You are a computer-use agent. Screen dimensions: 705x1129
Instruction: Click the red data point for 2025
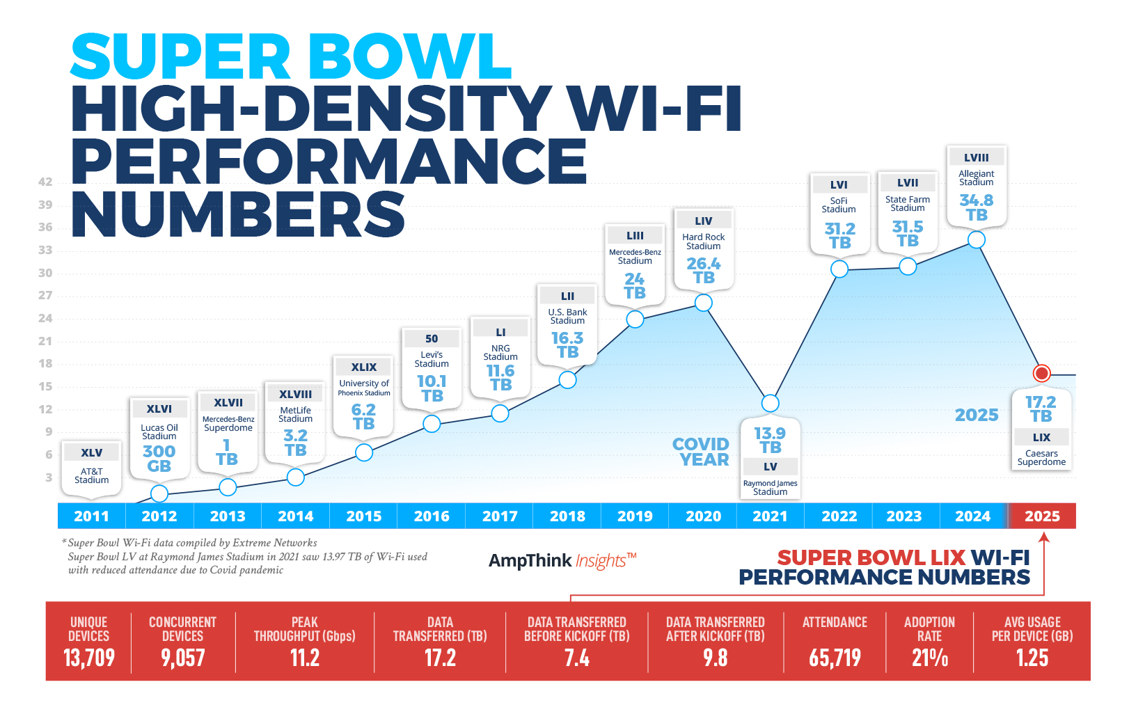(1041, 374)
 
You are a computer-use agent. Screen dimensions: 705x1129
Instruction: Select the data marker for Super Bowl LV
(770, 403)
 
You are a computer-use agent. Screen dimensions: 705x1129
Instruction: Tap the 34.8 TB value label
(976, 207)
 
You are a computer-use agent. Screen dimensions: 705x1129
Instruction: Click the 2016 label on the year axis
(432, 516)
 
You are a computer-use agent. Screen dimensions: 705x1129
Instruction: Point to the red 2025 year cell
(1042, 516)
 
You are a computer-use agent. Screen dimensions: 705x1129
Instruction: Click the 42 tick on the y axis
(45, 182)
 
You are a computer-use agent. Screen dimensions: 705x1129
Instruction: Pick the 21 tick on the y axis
(45, 341)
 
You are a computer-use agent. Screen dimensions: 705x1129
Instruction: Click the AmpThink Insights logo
(562, 560)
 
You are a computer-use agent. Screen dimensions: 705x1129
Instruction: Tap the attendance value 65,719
(835, 658)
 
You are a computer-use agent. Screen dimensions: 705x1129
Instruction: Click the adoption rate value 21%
(929, 658)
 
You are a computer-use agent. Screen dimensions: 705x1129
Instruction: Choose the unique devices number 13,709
(89, 658)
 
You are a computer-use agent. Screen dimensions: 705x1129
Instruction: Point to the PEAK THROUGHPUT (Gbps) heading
(304, 629)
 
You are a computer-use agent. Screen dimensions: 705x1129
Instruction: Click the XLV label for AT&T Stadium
(91, 453)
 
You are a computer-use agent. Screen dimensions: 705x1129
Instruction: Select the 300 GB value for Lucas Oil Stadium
(159, 459)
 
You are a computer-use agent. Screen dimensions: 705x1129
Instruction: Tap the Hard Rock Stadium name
(703, 241)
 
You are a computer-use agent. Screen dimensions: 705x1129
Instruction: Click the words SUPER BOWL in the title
(291, 57)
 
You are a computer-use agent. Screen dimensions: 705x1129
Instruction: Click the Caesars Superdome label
(1041, 458)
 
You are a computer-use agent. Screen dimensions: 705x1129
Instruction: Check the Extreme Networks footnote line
(192, 543)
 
